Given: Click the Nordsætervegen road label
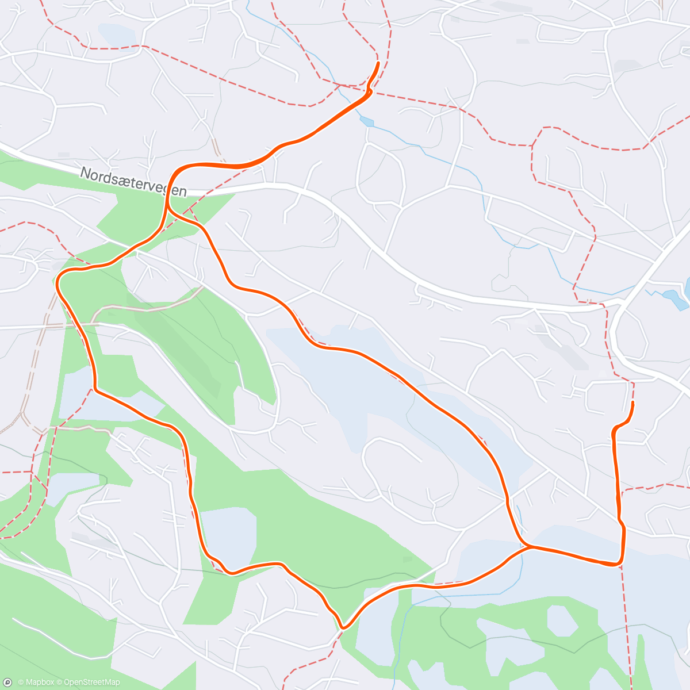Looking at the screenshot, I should point(133,182).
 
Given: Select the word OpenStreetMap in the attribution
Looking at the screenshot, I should point(91,683).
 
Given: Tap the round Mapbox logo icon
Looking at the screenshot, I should point(8,683).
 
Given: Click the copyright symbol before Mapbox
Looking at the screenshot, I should point(21,683).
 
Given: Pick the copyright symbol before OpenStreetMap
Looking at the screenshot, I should point(59,683).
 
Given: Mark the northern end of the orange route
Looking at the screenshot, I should point(378,63).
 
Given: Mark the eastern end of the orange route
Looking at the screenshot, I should point(633,404).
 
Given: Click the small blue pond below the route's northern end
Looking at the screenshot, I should point(367,122).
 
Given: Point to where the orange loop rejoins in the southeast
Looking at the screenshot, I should point(530,547).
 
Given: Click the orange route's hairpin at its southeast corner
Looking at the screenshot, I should point(620,562).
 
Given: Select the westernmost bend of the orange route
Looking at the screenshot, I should point(57,282).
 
